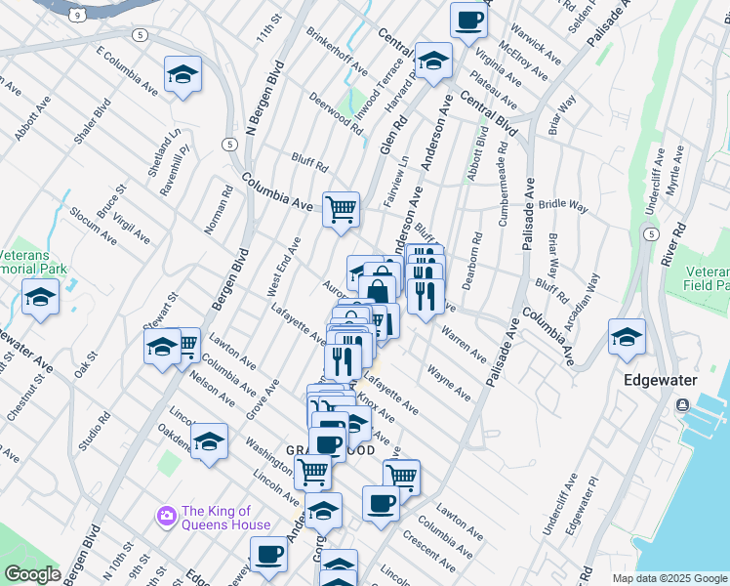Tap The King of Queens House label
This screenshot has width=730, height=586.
click(x=226, y=518)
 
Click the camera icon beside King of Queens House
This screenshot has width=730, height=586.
click(x=166, y=515)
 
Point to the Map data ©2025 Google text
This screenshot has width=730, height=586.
click(x=669, y=578)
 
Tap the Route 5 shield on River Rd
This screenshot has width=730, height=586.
click(x=650, y=233)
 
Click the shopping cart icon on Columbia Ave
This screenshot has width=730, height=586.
click(x=341, y=209)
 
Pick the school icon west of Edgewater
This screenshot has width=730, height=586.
click(x=627, y=336)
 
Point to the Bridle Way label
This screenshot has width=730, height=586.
click(x=563, y=207)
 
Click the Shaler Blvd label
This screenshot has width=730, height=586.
click(x=93, y=122)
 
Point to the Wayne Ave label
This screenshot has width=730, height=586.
click(x=448, y=383)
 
